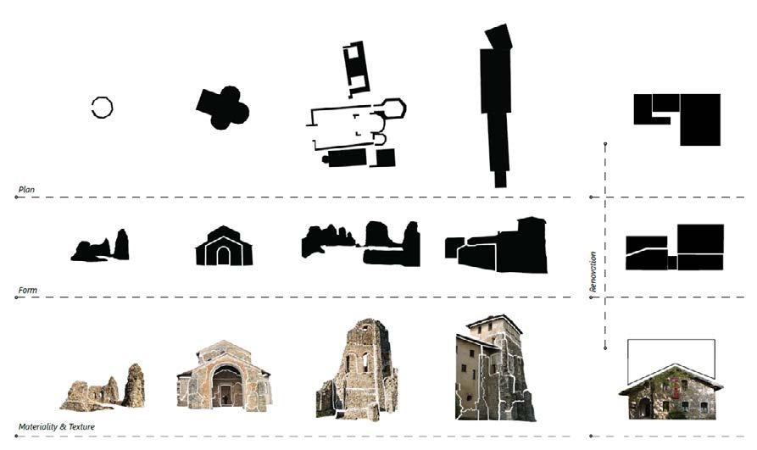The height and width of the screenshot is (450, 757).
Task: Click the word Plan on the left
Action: click(25, 189)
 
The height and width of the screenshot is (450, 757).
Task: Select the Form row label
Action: click(26, 291)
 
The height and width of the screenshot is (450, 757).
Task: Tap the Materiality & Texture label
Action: click(56, 426)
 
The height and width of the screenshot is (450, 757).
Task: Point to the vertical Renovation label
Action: click(593, 271)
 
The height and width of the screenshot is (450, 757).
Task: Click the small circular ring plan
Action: click(102, 108)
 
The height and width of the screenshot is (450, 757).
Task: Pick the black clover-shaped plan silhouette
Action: click(222, 108)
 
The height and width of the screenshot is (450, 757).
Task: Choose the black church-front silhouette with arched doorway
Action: click(223, 247)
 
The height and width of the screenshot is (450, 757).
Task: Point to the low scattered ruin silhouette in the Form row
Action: click(100, 248)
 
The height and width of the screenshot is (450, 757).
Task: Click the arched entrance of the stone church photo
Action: click(226, 386)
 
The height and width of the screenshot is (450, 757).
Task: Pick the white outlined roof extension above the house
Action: click(671, 354)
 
